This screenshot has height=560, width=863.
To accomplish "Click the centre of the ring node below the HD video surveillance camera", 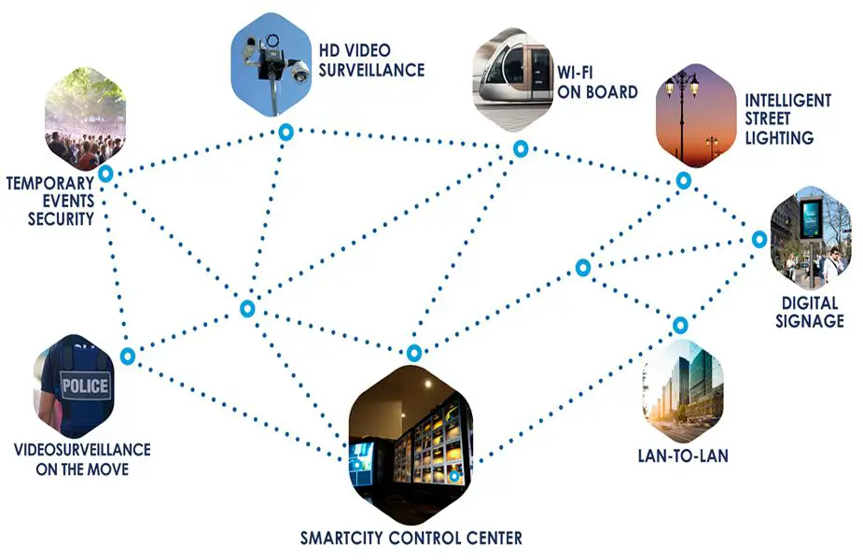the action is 285,133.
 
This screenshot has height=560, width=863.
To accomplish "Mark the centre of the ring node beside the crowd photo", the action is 105,174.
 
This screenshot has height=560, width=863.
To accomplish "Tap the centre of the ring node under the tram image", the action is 521,148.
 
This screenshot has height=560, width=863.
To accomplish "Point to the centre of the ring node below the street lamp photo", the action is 683,180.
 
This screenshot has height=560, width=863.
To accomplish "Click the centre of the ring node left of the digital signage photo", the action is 759,240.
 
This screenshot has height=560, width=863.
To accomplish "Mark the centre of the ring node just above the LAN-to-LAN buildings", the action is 680,326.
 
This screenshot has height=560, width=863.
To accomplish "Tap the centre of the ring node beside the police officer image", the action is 128,357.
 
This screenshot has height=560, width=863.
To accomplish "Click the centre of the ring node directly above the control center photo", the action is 414,353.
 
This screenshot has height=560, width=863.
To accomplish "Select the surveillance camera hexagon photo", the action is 271,64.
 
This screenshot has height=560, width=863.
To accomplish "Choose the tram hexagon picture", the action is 512,79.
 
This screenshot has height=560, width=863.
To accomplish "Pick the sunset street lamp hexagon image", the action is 696,116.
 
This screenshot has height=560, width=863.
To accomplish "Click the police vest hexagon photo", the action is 74,386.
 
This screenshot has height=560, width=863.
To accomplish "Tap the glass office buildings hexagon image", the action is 683,391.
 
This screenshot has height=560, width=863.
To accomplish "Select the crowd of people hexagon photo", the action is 85,119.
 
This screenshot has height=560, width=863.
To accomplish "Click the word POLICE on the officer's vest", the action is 85,386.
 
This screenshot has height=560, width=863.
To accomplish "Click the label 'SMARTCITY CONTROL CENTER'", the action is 411,538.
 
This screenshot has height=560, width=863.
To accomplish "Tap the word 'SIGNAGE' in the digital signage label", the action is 810,321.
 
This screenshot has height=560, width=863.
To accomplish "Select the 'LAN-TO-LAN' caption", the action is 683,455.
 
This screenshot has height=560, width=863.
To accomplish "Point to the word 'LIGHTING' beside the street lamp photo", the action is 779,137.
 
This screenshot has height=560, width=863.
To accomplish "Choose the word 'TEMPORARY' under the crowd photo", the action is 50,183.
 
